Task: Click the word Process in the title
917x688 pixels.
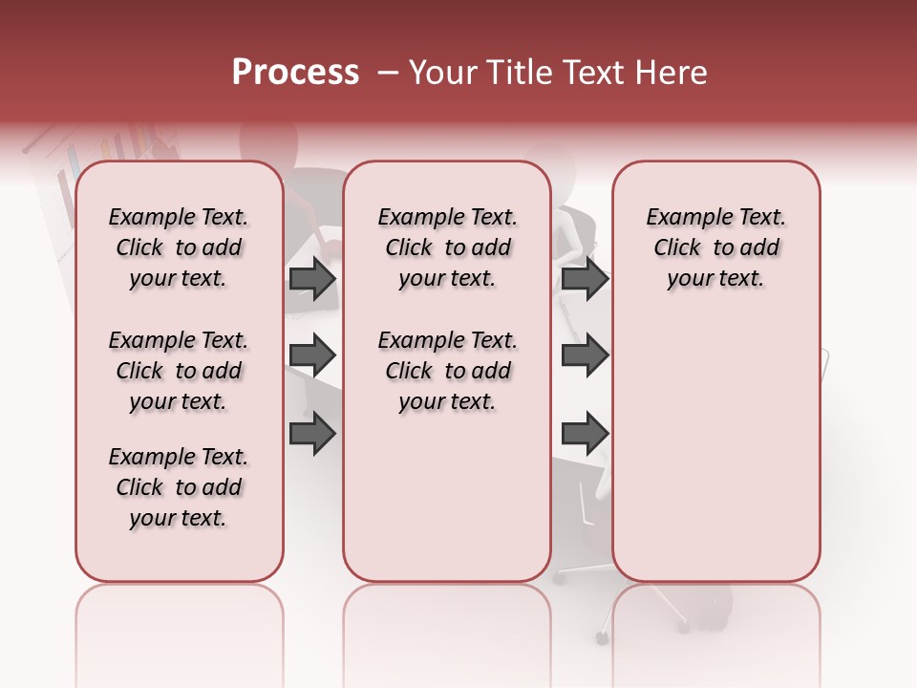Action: coord(295,73)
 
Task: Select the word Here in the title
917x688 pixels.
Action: coord(673,73)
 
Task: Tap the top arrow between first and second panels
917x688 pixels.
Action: coord(312,279)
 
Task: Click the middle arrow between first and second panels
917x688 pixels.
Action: coord(312,355)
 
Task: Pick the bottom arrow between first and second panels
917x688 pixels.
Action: coord(312,433)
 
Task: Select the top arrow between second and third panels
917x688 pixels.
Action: coord(585,279)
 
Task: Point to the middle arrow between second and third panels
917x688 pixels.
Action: coord(585,355)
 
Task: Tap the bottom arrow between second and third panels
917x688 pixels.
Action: coord(585,433)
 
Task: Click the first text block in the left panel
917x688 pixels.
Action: coord(179,247)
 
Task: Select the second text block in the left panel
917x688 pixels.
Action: coord(179,371)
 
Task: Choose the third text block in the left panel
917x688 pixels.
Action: coord(179,487)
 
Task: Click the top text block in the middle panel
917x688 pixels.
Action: coord(447,247)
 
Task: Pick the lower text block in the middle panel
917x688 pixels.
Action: coord(447,371)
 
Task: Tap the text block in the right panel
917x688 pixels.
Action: coord(715,247)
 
